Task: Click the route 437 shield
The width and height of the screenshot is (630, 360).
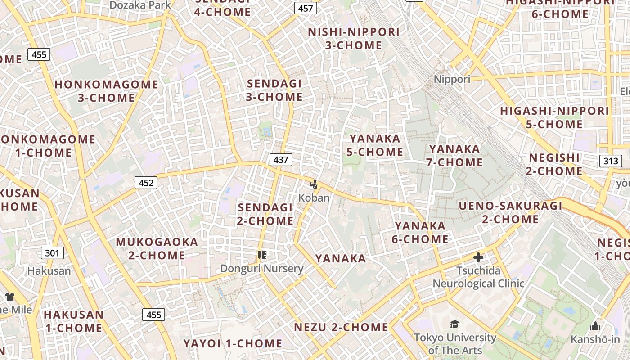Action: pyautogui.click(x=281, y=159)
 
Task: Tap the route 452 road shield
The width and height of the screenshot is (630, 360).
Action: pyautogui.click(x=146, y=183)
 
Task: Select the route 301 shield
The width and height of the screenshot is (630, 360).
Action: pyautogui.click(x=52, y=253)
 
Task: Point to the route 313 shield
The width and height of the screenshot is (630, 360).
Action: pyautogui.click(x=611, y=161)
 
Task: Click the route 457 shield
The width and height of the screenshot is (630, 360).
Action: pyautogui.click(x=306, y=8)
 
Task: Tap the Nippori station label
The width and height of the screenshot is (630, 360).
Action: pyautogui.click(x=452, y=79)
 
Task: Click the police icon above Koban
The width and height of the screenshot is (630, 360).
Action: pyautogui.click(x=314, y=184)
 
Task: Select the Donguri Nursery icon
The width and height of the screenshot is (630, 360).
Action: pyautogui.click(x=262, y=256)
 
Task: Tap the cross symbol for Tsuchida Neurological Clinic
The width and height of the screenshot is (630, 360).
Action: pyautogui.click(x=478, y=257)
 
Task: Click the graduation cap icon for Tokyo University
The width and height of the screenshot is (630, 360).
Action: pyautogui.click(x=455, y=324)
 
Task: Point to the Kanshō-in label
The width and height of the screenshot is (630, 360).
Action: pyautogui.click(x=595, y=339)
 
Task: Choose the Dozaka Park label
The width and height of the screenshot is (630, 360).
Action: pyautogui.click(x=140, y=5)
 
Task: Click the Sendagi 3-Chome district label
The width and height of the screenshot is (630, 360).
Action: pyautogui.click(x=274, y=90)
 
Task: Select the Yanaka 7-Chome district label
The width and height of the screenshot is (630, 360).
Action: pyautogui.click(x=454, y=155)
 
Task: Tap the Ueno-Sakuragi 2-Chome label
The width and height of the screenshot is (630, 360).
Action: pyautogui.click(x=511, y=212)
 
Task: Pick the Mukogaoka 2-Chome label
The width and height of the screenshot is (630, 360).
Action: pyautogui.click(x=157, y=248)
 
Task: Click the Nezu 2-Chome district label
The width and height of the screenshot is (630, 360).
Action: pyautogui.click(x=341, y=327)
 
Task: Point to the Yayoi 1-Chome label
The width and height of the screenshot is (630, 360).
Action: pyautogui.click(x=233, y=344)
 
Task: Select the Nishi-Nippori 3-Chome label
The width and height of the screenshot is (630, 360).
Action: pyautogui.click(x=354, y=39)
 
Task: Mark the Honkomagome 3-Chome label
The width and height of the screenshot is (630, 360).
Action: pyautogui.click(x=107, y=91)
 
